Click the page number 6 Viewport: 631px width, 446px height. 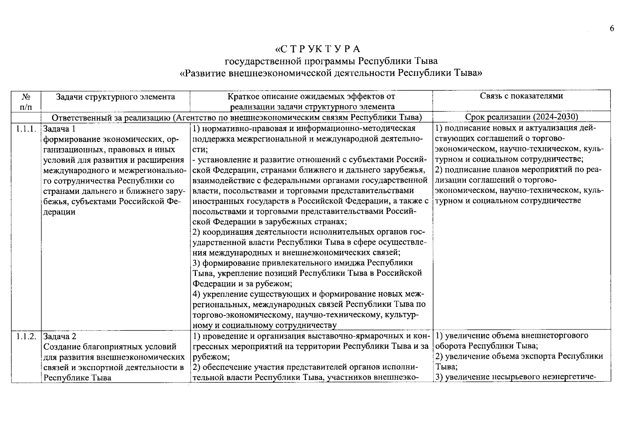click(612, 29)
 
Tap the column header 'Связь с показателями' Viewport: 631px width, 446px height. click(521, 96)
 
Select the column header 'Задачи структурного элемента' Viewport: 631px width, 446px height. click(115, 97)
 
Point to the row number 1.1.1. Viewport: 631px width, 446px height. click(26, 129)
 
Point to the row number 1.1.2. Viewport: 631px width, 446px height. click(26, 336)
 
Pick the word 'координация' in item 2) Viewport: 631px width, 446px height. click(227, 232)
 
